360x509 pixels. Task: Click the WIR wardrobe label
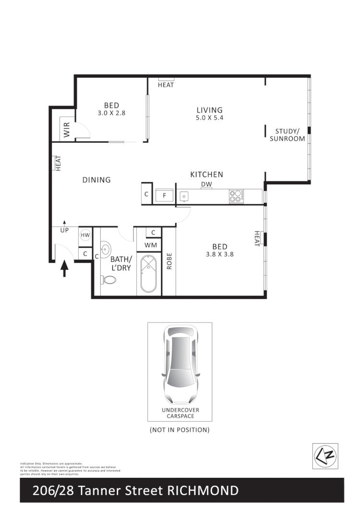coord(67,129)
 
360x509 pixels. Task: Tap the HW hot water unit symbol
coord(85,235)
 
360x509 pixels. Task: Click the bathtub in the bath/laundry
coord(149,274)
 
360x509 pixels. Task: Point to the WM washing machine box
coord(149,245)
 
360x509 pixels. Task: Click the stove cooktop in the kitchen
coord(236,196)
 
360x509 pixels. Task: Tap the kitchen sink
coord(184,196)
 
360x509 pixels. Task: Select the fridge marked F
coord(164,196)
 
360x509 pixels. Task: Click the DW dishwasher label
coord(206,184)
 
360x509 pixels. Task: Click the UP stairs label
coord(64,230)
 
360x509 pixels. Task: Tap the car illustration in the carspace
coord(180,365)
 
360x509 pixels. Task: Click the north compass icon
coord(325,456)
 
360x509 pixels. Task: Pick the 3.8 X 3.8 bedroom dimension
coord(219,255)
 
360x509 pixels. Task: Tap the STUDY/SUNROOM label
coord(287,135)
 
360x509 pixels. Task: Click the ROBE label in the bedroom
coord(169,261)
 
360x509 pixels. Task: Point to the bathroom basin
coord(106,249)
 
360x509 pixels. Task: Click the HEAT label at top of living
coord(166,85)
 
